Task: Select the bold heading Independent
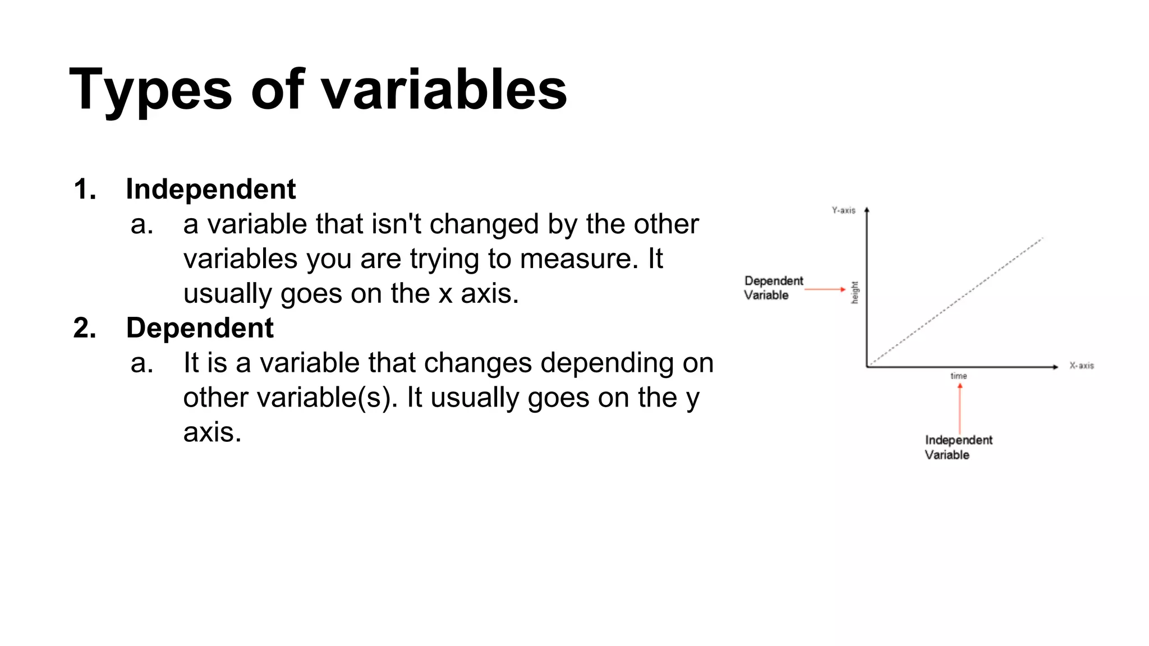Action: [x=210, y=189]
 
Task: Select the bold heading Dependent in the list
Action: [x=199, y=327]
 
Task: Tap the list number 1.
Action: [x=84, y=189]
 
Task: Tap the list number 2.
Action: [x=84, y=327]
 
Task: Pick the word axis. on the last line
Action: [x=212, y=432]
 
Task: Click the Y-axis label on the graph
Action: [x=843, y=210]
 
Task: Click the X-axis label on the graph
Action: [x=1081, y=366]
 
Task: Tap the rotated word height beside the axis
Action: [x=854, y=292]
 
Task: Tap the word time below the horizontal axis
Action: [x=958, y=376]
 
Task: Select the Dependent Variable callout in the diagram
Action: [x=773, y=288]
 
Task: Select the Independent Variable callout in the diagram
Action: [x=958, y=447]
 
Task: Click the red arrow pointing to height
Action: [x=825, y=289]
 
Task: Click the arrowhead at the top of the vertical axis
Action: [x=867, y=210]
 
